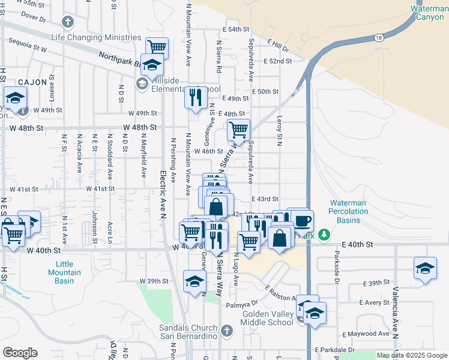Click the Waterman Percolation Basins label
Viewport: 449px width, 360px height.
click(x=353, y=212)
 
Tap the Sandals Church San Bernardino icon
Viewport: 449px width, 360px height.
click(x=226, y=330)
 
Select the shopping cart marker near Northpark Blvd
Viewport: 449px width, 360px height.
click(x=157, y=47)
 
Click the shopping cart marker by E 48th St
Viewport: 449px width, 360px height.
click(x=238, y=129)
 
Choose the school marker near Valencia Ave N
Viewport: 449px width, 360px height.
click(x=425, y=267)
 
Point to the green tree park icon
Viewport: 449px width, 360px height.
click(x=324, y=234)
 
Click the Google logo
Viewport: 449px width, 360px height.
click(x=20, y=353)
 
